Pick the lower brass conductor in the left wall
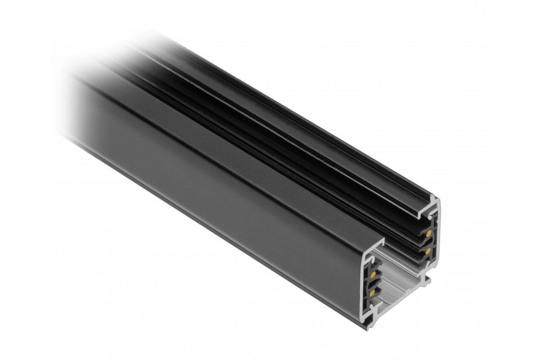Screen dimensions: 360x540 coord(373,293)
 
